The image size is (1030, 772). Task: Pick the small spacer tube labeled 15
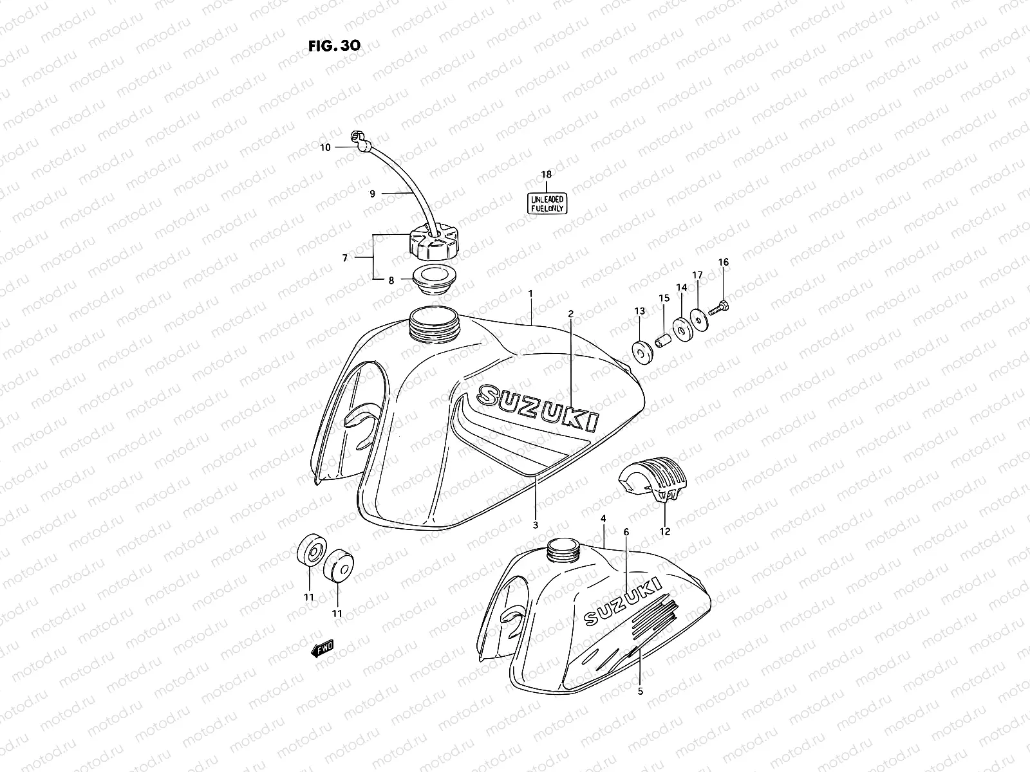coord(662,338)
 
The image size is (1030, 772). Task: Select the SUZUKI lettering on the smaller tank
coord(622,600)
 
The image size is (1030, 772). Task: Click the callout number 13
coord(639,311)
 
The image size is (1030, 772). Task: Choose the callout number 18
coord(546,174)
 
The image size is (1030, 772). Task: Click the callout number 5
coord(640,692)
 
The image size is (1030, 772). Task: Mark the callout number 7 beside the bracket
coord(345,258)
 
